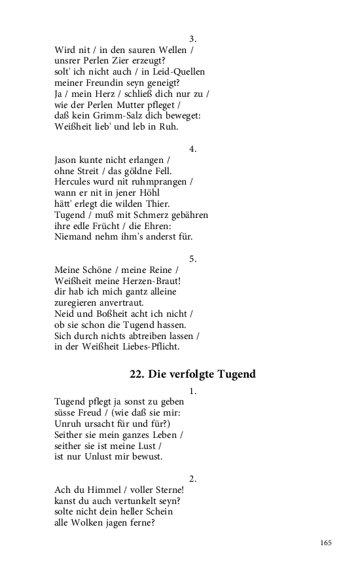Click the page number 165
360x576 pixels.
326,543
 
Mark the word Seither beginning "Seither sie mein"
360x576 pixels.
70,435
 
